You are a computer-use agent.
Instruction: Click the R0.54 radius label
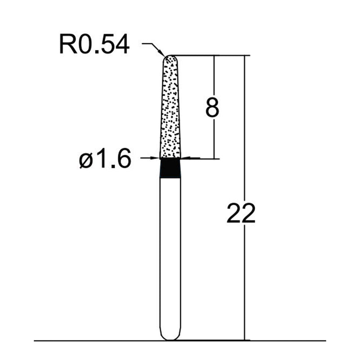94,45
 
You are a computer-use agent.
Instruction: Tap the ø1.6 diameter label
105,159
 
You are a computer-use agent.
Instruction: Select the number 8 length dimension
212,108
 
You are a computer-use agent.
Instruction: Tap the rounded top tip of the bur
171,57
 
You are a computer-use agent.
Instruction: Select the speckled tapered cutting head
171,108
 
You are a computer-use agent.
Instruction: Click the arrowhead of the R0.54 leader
163,54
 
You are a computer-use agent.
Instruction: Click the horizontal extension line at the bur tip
202,56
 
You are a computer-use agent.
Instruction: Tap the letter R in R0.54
67,45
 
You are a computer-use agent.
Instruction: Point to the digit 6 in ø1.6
123,159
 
